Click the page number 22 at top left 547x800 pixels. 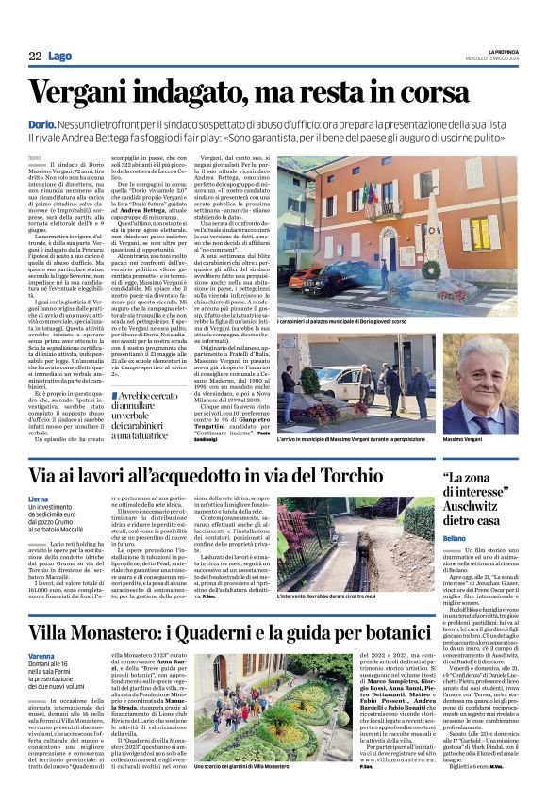pos(34,57)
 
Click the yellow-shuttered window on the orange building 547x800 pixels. pos(481,233)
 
